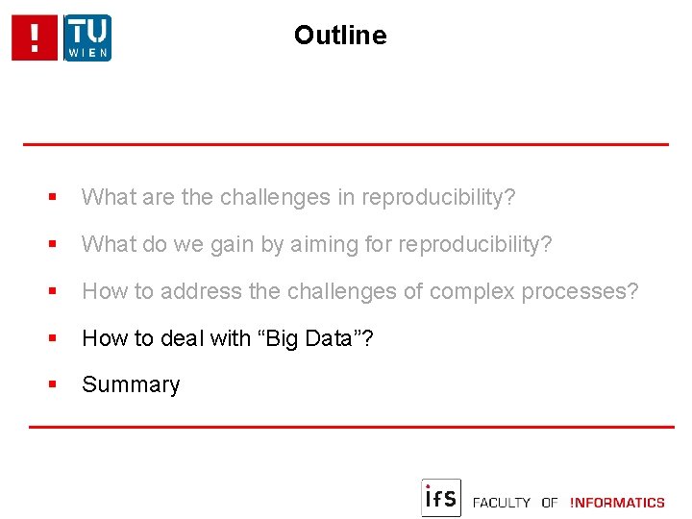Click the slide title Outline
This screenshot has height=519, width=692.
(340, 36)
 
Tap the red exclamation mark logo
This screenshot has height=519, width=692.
(36, 38)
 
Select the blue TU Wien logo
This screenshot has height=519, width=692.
(87, 38)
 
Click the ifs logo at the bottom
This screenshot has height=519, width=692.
(441, 498)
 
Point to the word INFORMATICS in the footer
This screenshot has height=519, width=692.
(617, 503)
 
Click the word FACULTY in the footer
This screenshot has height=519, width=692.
(502, 503)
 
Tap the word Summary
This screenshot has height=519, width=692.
(131, 384)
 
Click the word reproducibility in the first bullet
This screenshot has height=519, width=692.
(438, 197)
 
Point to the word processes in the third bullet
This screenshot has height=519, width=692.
(579, 290)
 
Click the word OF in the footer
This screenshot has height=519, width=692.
(550, 503)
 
